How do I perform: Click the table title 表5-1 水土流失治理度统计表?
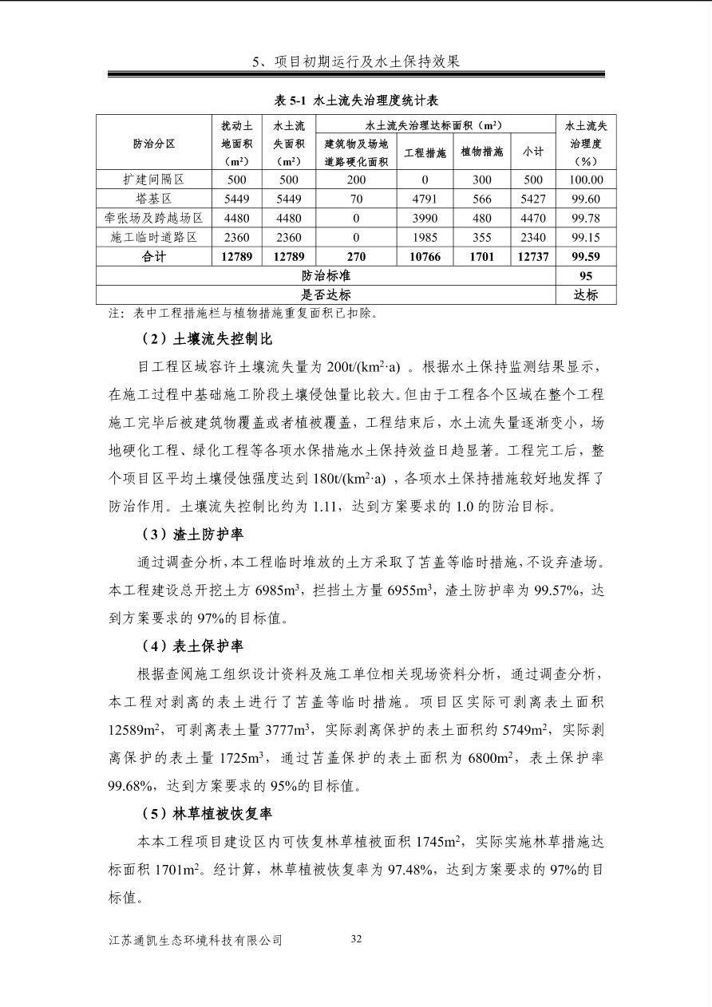point(356,101)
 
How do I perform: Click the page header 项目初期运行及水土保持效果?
point(356,61)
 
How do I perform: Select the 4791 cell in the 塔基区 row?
point(425,199)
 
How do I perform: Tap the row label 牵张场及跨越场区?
point(153,219)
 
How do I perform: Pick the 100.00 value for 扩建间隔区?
point(586,180)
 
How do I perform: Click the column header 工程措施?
point(425,152)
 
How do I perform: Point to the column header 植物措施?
point(482,152)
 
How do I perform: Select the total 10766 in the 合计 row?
point(425,257)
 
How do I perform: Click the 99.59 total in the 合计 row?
point(586,257)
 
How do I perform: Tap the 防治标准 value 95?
point(586,276)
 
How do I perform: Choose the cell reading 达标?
point(586,294)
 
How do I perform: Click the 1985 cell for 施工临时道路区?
point(425,238)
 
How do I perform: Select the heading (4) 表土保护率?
point(192,646)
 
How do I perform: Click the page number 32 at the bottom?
point(356,939)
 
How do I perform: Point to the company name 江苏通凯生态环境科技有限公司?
point(196,941)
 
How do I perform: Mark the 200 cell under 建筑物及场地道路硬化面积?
point(356,180)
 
